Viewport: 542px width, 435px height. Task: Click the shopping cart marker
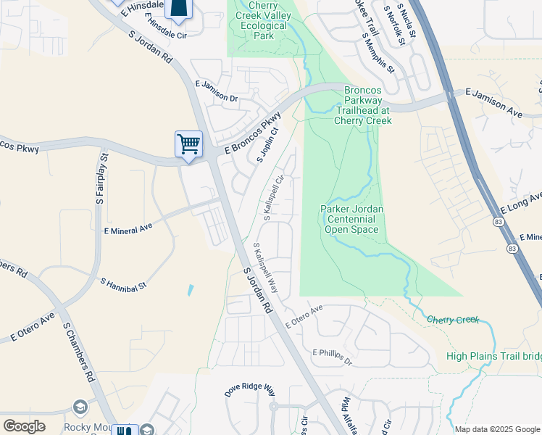(188, 143)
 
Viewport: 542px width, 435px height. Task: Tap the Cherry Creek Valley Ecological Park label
(260, 20)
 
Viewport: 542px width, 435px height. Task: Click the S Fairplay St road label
(101, 178)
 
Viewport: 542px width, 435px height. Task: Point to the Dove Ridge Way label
(250, 390)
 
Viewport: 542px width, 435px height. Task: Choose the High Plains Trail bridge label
(493, 356)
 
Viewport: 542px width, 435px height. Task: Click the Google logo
(24, 426)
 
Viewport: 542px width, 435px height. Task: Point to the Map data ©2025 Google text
(496, 429)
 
